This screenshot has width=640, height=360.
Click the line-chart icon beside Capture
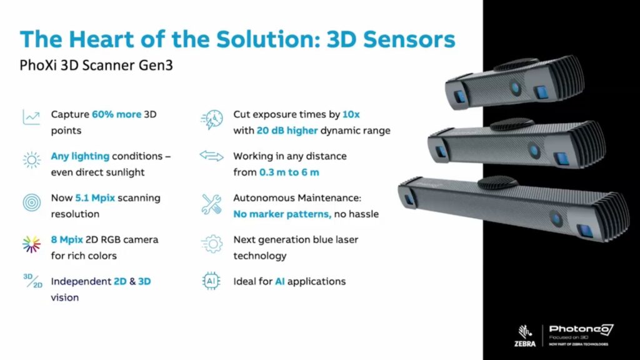point(31,117)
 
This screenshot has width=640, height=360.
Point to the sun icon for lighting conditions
point(31,159)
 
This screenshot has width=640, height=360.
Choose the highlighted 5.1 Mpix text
point(99,197)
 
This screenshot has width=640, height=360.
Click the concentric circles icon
point(31,202)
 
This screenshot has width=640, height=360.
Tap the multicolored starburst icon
point(31,244)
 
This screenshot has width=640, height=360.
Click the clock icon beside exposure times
point(212,119)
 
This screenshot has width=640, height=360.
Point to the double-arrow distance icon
point(212,156)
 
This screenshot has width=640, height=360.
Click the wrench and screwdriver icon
point(212,204)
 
